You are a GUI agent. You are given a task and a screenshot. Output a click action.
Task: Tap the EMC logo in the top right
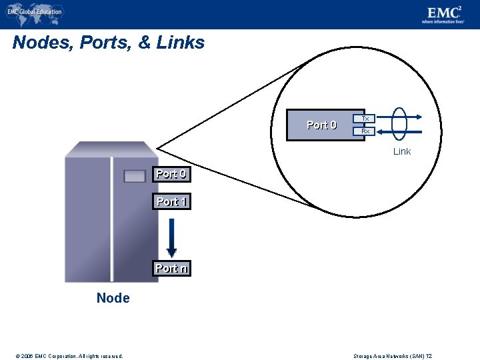pyautogui.click(x=445, y=14)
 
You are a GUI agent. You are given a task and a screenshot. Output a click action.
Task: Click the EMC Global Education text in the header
pyautogui.click(x=35, y=11)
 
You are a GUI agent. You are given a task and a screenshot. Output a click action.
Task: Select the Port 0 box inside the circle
pyautogui.click(x=321, y=125)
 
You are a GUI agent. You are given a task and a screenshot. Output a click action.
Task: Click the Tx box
pyautogui.click(x=365, y=118)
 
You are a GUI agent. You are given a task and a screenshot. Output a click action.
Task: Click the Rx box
pyautogui.click(x=365, y=131)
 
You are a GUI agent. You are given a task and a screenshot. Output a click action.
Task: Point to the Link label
pyautogui.click(x=402, y=151)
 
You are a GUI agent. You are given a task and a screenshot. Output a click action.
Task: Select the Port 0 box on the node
pyautogui.click(x=171, y=174)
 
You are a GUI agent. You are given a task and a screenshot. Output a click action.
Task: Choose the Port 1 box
pyautogui.click(x=171, y=201)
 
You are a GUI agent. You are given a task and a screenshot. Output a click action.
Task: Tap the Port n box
pyautogui.click(x=171, y=268)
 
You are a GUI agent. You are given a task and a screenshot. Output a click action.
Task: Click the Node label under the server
pyautogui.click(x=113, y=298)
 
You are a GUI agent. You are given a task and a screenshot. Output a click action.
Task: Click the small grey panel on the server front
pyautogui.click(x=134, y=176)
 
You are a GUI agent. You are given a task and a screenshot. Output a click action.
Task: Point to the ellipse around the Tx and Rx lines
pyautogui.click(x=399, y=124)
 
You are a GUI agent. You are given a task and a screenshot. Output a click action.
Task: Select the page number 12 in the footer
pyautogui.click(x=429, y=356)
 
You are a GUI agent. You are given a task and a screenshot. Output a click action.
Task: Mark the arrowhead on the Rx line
pyautogui.click(x=381, y=131)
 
